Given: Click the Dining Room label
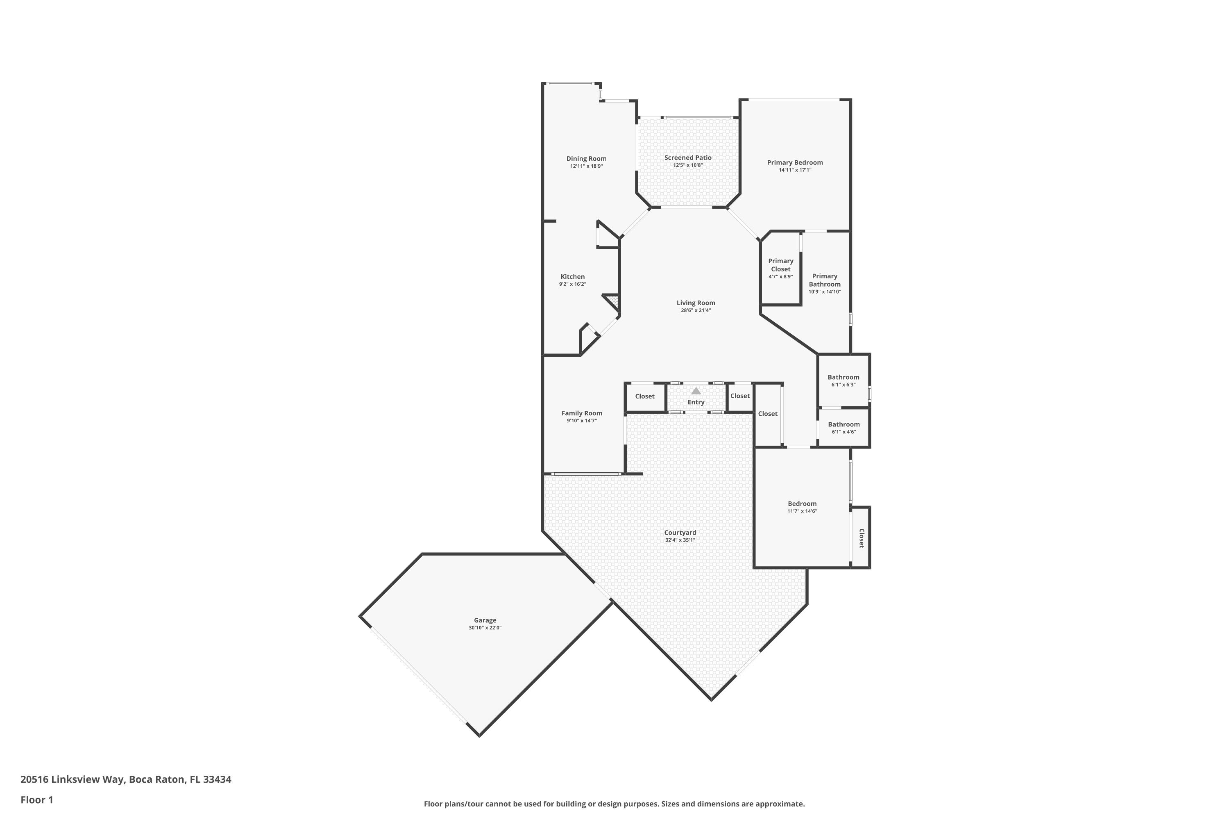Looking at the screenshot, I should pyautogui.click(x=586, y=158).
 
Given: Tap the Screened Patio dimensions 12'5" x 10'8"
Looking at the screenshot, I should pyautogui.click(x=688, y=165).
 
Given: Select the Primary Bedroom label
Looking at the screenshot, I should pyautogui.click(x=795, y=163).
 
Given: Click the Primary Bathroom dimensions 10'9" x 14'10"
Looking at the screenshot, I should pyautogui.click(x=825, y=292).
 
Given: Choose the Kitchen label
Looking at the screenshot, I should pyautogui.click(x=573, y=277).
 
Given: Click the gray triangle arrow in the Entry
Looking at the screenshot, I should pyautogui.click(x=696, y=391).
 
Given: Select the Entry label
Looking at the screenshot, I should pyautogui.click(x=696, y=402).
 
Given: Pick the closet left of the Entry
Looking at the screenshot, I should pyautogui.click(x=645, y=396).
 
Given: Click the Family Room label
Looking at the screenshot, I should pyautogui.click(x=582, y=413).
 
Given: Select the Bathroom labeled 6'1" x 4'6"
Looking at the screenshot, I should pyautogui.click(x=844, y=425).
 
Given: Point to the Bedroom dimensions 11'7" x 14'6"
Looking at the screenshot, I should pyautogui.click(x=802, y=511).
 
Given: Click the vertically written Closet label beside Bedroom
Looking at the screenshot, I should pyautogui.click(x=862, y=538).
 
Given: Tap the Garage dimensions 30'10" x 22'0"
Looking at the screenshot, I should pyautogui.click(x=485, y=628).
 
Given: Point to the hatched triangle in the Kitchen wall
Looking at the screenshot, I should pyautogui.click(x=613, y=301).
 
